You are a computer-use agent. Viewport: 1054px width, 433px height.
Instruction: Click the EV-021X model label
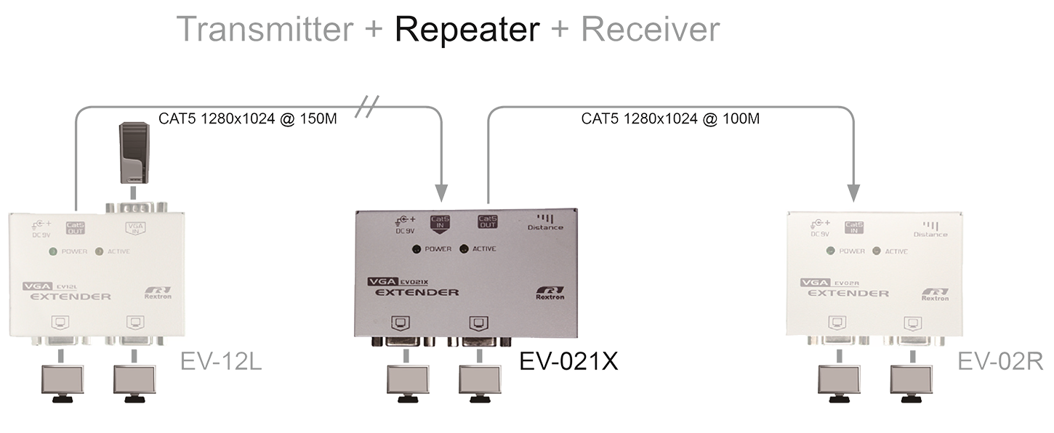tap(569, 361)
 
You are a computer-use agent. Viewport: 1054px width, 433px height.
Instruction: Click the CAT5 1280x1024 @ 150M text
tap(247, 118)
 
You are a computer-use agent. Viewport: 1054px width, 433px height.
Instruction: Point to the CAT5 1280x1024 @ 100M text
tap(670, 118)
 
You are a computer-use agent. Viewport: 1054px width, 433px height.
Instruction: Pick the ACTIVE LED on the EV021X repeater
tap(463, 249)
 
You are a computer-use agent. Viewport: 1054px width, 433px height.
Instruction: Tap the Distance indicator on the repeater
tap(545, 222)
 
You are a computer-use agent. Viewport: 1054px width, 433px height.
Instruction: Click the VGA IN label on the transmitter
tap(136, 229)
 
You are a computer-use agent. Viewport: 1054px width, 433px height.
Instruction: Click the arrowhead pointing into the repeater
tap(441, 193)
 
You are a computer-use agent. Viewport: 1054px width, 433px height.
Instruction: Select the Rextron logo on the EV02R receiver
tap(935, 293)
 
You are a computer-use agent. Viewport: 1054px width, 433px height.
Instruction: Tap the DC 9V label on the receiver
tap(818, 228)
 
